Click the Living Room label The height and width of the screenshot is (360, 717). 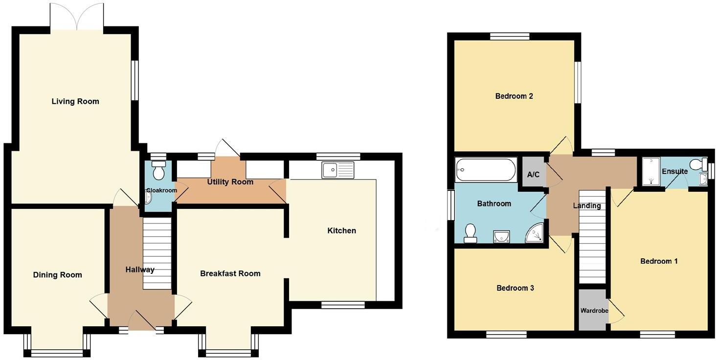pos(75,101)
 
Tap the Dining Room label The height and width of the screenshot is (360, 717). pos(57,275)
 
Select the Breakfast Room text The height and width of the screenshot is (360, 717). pos(230,273)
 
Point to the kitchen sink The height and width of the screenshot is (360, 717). pos(337,170)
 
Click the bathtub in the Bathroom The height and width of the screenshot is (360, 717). pos(486,169)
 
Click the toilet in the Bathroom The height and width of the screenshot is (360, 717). pos(471,233)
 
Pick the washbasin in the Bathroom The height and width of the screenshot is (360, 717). pos(501,237)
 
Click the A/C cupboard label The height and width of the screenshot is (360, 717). pos(533,175)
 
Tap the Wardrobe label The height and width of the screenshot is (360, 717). pos(594,311)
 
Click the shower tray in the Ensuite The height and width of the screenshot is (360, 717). pos(650,172)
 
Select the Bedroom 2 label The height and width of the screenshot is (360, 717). pos(514,96)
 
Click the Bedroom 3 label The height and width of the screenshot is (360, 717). pos(515,288)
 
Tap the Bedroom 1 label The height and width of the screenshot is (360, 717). pos(659,261)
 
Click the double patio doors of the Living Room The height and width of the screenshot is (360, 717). pos(77,17)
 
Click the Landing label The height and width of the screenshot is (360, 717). pos(587,206)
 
